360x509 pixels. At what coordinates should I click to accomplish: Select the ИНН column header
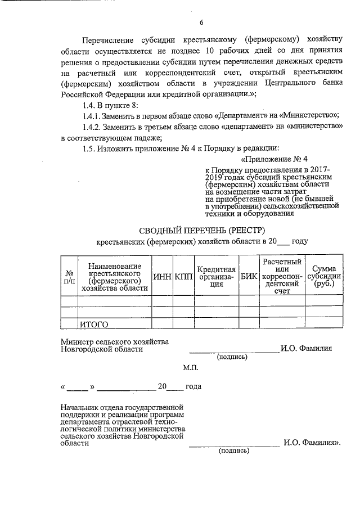point(162,276)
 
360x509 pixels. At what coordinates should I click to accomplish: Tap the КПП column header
point(183,276)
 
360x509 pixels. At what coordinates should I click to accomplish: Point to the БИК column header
point(248,276)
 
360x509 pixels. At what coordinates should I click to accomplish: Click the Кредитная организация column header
point(216,276)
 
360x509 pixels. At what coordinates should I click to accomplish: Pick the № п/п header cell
point(69,276)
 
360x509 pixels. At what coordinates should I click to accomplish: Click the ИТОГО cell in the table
point(93,324)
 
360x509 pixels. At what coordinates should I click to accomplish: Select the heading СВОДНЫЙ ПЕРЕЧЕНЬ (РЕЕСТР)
point(201,229)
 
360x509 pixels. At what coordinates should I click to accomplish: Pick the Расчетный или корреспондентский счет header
point(281,276)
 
